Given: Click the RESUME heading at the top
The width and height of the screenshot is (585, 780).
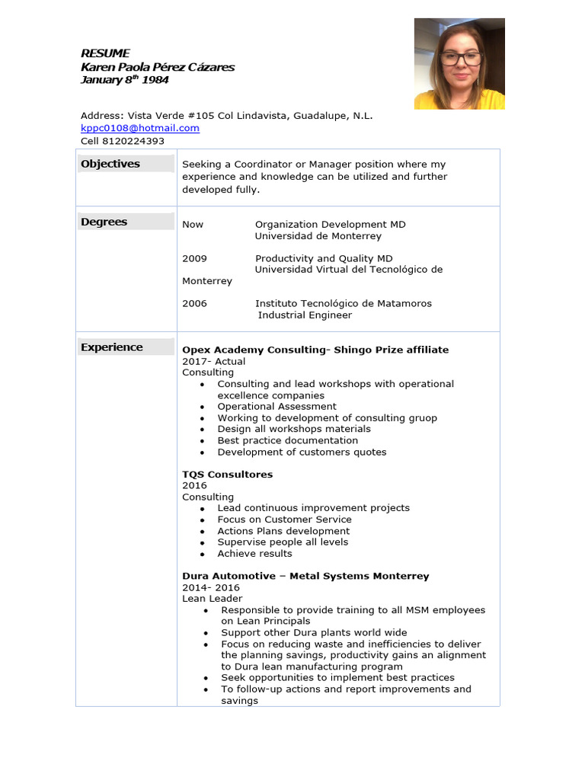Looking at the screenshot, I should click(x=105, y=53).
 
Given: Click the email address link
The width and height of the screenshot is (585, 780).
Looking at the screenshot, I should click(x=140, y=128).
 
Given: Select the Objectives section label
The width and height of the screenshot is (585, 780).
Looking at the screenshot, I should click(x=110, y=164).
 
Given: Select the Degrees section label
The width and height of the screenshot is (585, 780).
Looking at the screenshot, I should click(x=104, y=222).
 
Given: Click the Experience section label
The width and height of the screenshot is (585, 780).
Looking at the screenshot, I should click(x=112, y=347).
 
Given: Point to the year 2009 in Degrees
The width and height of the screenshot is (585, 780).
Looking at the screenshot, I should click(x=194, y=258).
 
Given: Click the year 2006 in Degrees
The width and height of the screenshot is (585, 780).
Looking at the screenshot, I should click(x=194, y=303).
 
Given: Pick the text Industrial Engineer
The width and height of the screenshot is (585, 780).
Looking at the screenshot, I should click(x=305, y=315).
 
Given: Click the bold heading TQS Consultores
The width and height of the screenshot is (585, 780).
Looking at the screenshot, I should click(x=227, y=475).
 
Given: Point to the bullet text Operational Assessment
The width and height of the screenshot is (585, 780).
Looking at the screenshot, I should click(x=277, y=407).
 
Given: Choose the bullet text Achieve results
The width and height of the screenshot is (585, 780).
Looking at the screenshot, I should click(x=254, y=554).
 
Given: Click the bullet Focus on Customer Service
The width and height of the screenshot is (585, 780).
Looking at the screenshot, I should click(x=284, y=519).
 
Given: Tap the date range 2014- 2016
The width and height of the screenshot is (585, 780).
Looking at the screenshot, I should click(x=211, y=587).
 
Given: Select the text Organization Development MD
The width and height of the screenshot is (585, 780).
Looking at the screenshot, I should click(x=330, y=225).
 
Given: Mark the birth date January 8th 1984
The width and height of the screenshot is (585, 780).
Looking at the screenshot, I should click(x=124, y=80).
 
